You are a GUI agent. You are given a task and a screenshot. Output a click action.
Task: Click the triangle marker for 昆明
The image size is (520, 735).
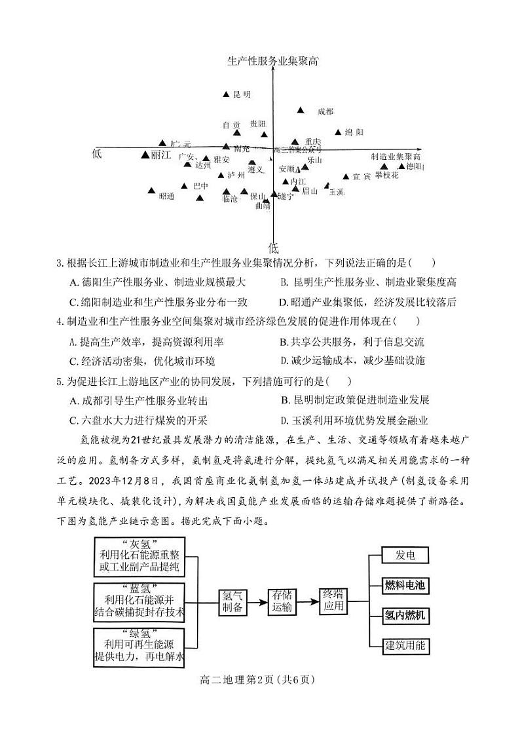227,94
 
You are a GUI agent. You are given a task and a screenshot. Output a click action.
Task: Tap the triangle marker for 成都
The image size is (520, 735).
301,111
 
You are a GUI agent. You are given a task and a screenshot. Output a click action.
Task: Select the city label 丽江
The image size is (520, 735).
160,155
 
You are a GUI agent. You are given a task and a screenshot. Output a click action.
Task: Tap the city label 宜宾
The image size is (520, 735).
362,177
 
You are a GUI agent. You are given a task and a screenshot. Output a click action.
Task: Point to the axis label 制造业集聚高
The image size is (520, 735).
396,157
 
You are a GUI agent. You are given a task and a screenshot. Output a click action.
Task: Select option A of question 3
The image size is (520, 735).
157,282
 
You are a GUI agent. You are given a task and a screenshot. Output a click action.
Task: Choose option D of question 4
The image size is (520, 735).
352,360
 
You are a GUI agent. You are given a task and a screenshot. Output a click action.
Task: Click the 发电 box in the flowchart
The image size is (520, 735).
405,556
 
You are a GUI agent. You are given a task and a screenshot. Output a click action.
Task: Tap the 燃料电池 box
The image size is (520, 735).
405,585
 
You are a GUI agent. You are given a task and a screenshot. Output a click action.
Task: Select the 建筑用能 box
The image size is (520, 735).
405,645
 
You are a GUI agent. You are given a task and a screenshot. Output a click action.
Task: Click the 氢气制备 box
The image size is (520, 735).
233,601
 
